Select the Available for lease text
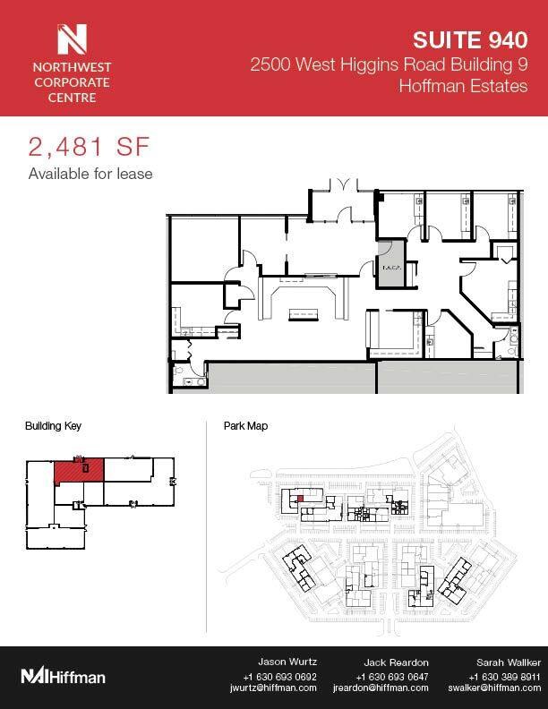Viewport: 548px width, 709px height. click(90, 174)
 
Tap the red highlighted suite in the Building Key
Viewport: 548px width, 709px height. click(79, 469)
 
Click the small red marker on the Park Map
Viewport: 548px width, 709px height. click(300, 498)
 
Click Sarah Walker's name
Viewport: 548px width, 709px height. click(494, 662)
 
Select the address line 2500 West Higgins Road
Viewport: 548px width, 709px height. click(383, 64)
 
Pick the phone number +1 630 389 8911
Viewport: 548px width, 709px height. click(495, 675)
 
